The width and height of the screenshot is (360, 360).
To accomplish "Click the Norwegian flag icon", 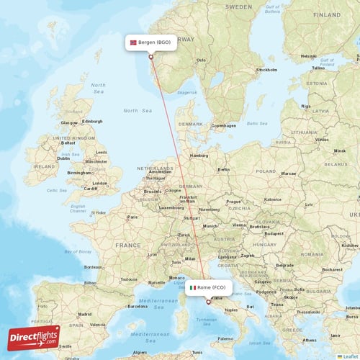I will pyautogui.click(x=133, y=43).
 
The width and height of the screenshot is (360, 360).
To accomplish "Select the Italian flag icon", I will pyautogui.click(x=192, y=288).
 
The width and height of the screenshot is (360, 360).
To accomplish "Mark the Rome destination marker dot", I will pyautogui.click(x=209, y=302).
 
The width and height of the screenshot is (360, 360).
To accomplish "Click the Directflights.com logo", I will pyautogui.click(x=34, y=336).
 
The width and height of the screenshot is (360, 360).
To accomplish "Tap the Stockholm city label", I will pyautogui.click(x=266, y=70).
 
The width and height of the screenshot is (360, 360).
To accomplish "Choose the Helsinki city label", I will pyautogui.click(x=309, y=55).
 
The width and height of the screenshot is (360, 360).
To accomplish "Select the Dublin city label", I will pyautogui.click(x=63, y=158).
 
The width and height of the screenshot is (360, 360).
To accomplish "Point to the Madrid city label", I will pyautogui.click(x=84, y=314).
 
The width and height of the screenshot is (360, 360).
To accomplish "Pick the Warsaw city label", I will pyautogui.click(x=288, y=174).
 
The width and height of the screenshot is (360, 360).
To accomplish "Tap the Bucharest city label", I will pyautogui.click(x=332, y=269).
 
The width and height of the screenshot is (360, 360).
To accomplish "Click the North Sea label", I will pyautogui.click(x=138, y=110).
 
